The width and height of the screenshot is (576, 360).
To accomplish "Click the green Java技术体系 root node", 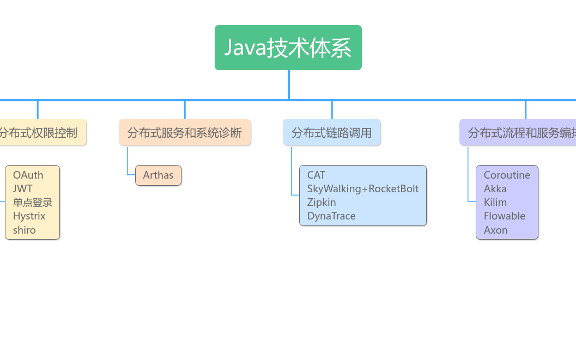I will (288, 48).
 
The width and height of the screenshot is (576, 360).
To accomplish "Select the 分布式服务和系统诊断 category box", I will (185, 132).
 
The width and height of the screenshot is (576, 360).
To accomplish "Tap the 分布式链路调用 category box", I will (331, 132).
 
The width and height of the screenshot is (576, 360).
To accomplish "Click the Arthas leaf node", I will (158, 175).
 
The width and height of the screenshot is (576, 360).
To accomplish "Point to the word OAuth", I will (28, 175).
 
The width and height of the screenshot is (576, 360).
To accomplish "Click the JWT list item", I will (23, 189).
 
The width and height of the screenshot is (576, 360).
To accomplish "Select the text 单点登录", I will (33, 203).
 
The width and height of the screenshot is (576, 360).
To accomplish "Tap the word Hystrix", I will (29, 216).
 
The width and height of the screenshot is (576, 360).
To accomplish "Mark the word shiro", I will (25, 230).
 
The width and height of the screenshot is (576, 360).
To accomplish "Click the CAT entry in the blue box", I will (316, 175).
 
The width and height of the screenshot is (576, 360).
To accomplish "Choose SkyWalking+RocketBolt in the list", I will (363, 189).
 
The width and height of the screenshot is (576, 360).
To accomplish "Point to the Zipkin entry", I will (322, 203).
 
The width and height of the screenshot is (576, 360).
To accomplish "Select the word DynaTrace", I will (331, 216).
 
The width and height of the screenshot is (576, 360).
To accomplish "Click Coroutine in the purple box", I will (507, 175).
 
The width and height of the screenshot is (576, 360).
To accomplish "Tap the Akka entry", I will (495, 189).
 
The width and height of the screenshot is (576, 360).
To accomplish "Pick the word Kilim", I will (495, 203).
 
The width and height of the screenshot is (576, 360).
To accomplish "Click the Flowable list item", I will (505, 216).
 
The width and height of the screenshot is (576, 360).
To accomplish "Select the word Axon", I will (496, 230).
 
